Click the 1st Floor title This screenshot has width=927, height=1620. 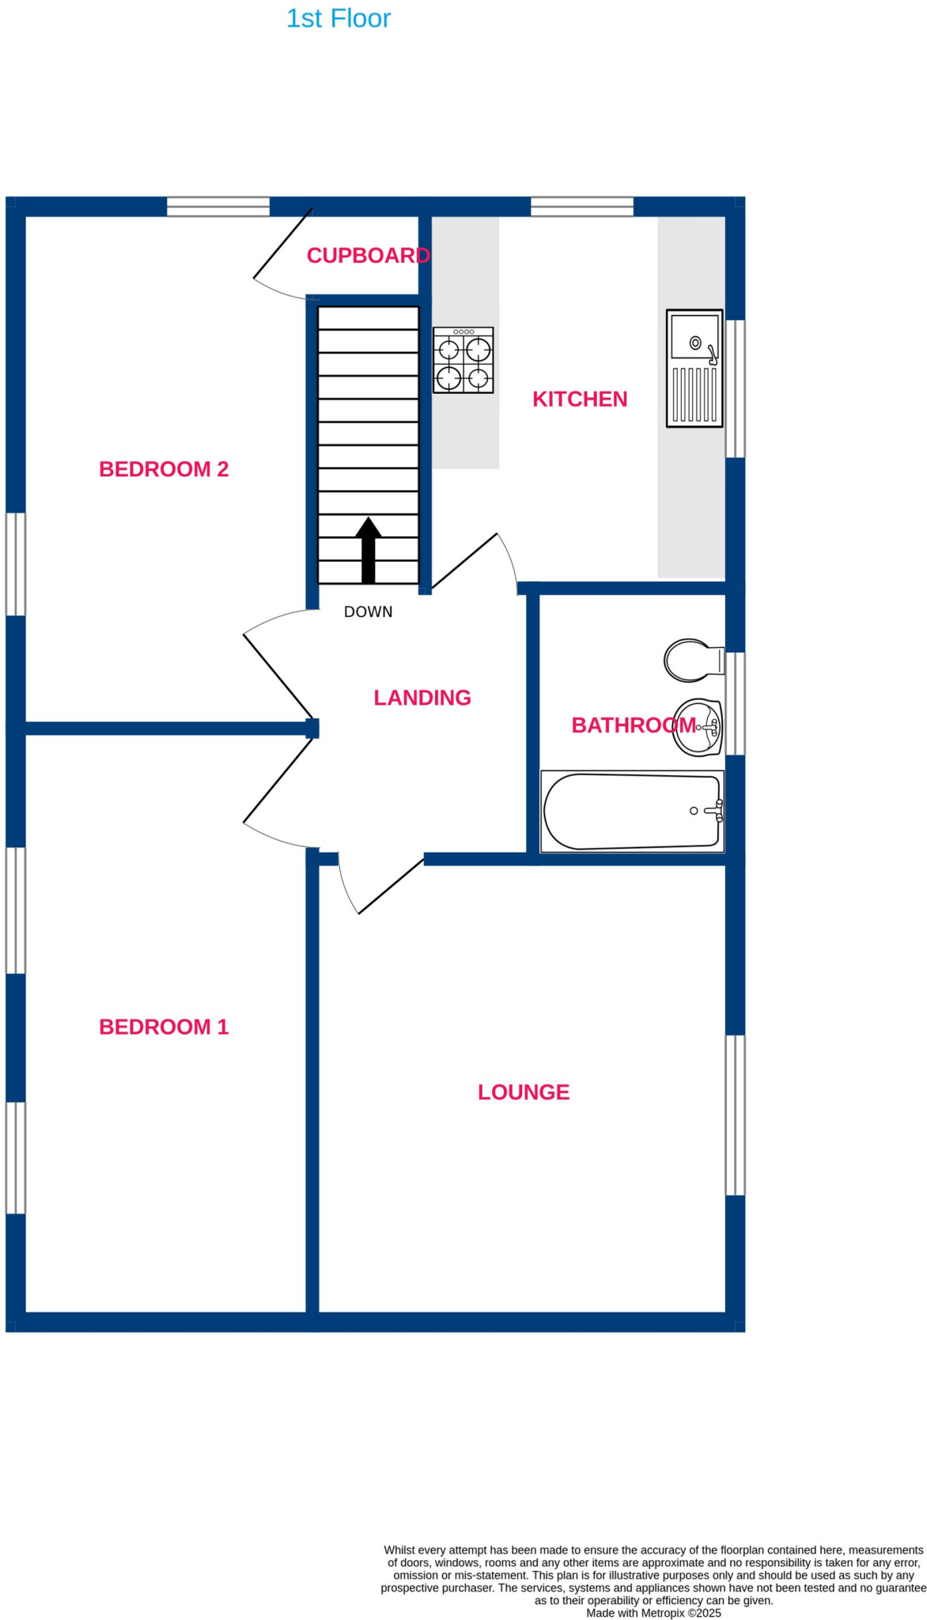coord(338,18)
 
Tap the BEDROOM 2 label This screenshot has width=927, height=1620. coord(164,469)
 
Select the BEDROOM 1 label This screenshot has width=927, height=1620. coord(164,1027)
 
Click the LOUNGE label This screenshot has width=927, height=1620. coord(524,1092)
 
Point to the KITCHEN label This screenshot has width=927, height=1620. coord(580,399)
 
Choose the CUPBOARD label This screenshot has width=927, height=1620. coord(368,255)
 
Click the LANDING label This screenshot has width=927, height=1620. coord(422,697)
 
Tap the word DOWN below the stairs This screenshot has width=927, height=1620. coord(368,611)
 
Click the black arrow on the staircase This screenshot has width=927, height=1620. coord(368,549)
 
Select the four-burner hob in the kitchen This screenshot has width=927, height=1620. coord(464,360)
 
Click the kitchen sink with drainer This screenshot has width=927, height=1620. coord(694,369)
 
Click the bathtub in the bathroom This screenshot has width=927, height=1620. coord(632,812)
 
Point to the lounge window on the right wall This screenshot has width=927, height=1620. coord(735,1115)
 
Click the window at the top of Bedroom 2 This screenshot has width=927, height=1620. coord(218,207)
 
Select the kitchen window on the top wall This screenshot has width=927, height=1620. coord(582,207)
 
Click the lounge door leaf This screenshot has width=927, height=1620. coord(391,887)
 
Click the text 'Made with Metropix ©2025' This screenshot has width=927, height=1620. coord(653,1612)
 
